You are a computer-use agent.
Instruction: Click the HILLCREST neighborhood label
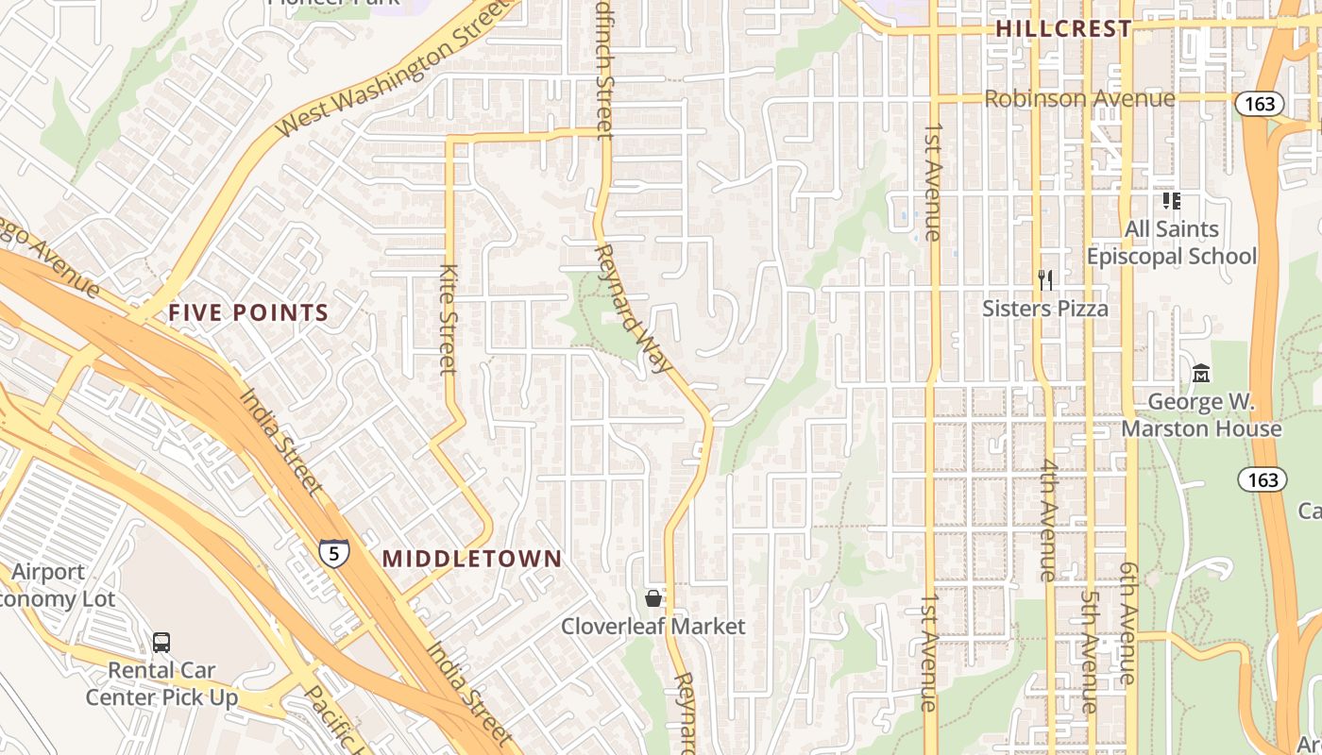tap(1063, 28)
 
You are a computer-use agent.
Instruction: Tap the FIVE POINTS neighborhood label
tap(248, 313)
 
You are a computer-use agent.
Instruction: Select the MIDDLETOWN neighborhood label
tap(471, 559)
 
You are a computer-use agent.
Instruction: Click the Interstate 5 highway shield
tap(333, 552)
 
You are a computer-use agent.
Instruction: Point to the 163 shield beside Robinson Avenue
tap(1261, 104)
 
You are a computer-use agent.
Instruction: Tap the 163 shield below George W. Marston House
tap(1263, 479)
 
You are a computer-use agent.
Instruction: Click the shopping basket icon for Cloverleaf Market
tap(653, 597)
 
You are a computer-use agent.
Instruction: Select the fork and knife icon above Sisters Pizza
tap(1044, 280)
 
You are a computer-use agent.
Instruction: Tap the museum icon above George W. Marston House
tap(1200, 374)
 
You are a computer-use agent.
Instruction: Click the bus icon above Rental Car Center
tap(161, 643)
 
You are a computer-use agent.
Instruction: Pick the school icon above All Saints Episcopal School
tap(1171, 200)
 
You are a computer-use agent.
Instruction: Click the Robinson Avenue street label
tap(1079, 98)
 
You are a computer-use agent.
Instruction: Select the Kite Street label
tap(449, 319)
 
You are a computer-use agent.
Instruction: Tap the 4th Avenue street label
tap(1047, 519)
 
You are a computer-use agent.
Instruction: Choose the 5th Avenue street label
tap(1090, 651)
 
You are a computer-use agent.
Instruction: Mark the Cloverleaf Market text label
tap(653, 627)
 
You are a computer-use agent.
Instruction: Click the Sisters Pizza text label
tap(1044, 309)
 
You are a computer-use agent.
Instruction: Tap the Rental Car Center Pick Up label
tap(161, 684)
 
